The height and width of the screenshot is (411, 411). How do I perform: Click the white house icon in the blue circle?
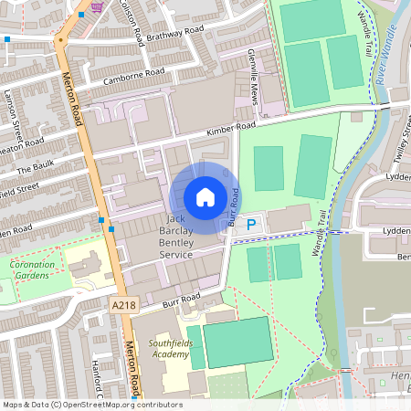205,197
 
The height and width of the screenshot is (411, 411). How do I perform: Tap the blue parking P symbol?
251,222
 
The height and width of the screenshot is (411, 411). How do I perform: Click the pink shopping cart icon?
97,7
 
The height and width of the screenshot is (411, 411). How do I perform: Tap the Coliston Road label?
132,21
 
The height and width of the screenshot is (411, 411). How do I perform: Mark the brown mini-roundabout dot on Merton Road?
61,40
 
